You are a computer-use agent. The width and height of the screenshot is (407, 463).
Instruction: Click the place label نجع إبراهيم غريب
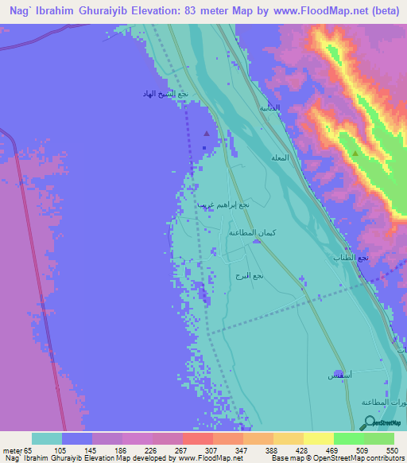[x=224, y=204]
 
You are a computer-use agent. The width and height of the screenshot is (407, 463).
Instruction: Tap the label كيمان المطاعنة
[x=253, y=231]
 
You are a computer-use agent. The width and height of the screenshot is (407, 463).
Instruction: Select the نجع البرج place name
[x=254, y=275]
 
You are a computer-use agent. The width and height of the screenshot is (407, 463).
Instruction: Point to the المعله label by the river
[x=280, y=158]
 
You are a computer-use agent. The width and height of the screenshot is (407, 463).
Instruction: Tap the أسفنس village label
[x=338, y=374]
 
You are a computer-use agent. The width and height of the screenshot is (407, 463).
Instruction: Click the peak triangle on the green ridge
[x=355, y=152]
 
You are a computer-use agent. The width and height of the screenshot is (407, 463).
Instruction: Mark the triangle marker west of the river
[x=207, y=134]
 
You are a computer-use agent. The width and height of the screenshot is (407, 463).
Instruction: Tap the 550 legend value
[x=390, y=449]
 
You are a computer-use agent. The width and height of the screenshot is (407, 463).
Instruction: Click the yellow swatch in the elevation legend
[x=318, y=438]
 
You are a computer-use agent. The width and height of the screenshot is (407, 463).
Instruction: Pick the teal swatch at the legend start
[x=46, y=438]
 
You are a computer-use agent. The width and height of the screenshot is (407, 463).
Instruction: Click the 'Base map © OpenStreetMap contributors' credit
[x=338, y=458]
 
